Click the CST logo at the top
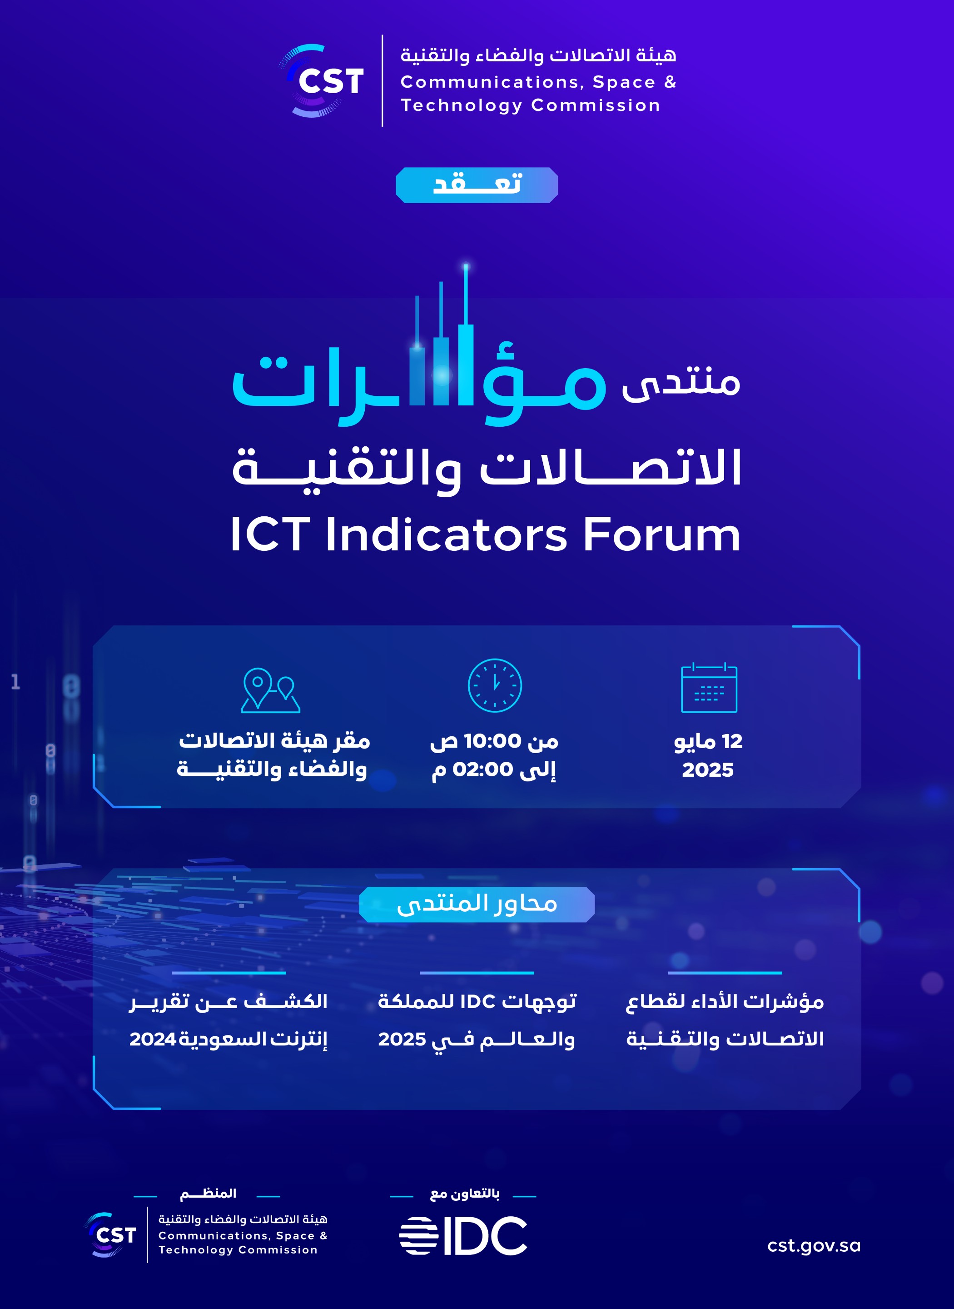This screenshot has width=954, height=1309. coord(322,80)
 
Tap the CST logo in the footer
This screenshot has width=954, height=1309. coord(110,1234)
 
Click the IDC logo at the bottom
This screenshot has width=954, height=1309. coord(462,1236)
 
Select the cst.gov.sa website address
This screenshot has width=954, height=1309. coord(814,1245)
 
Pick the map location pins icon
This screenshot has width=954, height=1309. coord(270,690)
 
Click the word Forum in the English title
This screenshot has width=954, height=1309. coord(661,535)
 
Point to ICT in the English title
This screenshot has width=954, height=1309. coord(270,535)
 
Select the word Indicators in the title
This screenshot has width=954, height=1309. coord(447,535)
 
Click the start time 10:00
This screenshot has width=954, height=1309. coord(492,740)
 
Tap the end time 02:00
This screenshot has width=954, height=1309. coord(483,769)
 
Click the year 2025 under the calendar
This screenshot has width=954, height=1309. coord(707,770)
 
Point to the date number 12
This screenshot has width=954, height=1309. coord(732,741)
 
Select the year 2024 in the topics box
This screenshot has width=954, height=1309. coord(153,1039)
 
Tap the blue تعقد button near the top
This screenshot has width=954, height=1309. coord(477,185)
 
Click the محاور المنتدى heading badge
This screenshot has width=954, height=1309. coord(477,904)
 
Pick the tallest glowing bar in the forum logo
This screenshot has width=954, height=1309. coord(466,335)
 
